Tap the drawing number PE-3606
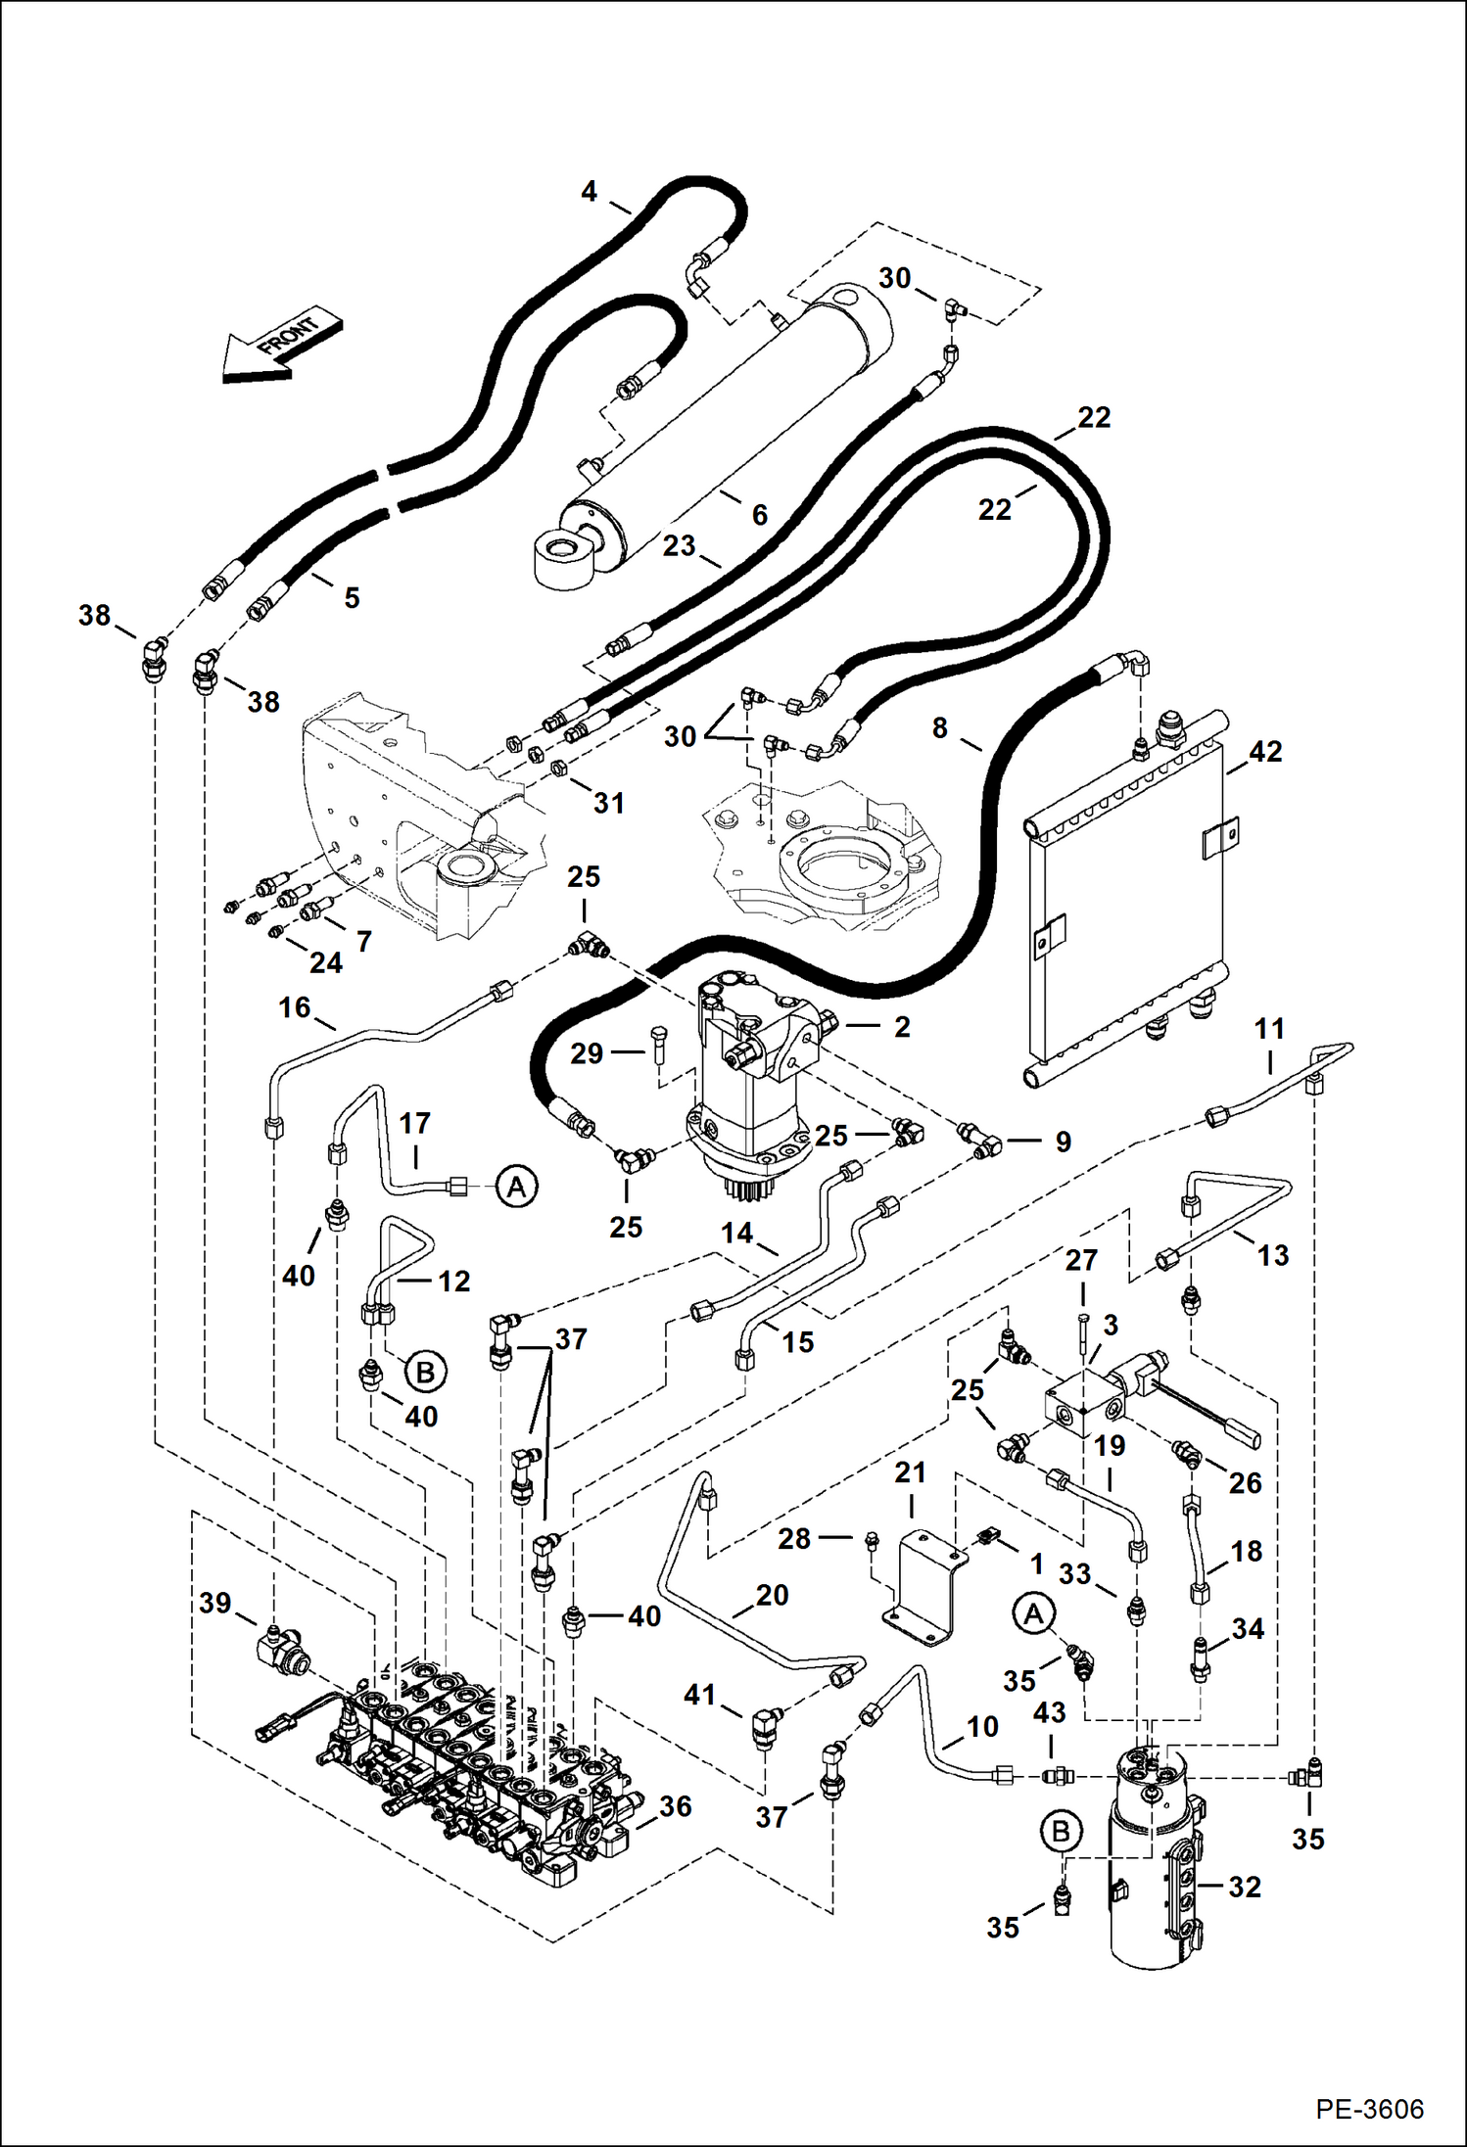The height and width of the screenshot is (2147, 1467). pyautogui.click(x=1369, y=2108)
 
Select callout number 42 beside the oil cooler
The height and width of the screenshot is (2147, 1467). pyautogui.click(x=1265, y=751)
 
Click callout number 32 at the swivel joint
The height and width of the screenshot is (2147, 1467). pyautogui.click(x=1244, y=1887)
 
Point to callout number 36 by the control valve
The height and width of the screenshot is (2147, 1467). pyautogui.click(x=675, y=1806)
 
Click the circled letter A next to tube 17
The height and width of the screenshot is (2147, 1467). pyautogui.click(x=516, y=1187)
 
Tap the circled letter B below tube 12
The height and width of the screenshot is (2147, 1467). pyautogui.click(x=425, y=1372)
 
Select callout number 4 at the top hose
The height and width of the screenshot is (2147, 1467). pyautogui.click(x=589, y=191)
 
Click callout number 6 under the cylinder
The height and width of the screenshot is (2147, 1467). pyautogui.click(x=760, y=514)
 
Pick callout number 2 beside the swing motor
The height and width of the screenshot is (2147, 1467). pyautogui.click(x=902, y=1026)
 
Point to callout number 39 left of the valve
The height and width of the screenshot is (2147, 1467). pyautogui.click(x=215, y=1603)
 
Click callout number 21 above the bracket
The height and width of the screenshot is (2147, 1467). pyautogui.click(x=910, y=1471)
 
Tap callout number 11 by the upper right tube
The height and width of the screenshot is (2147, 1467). pyautogui.click(x=1269, y=1029)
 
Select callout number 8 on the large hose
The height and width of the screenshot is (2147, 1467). pyautogui.click(x=939, y=727)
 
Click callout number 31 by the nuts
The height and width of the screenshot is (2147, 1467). pyautogui.click(x=608, y=803)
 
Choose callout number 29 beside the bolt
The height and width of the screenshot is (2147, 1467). pyautogui.click(x=587, y=1053)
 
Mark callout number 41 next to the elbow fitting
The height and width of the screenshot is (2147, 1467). pyautogui.click(x=699, y=1694)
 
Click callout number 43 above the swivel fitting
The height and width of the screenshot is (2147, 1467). pyautogui.click(x=1049, y=1712)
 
